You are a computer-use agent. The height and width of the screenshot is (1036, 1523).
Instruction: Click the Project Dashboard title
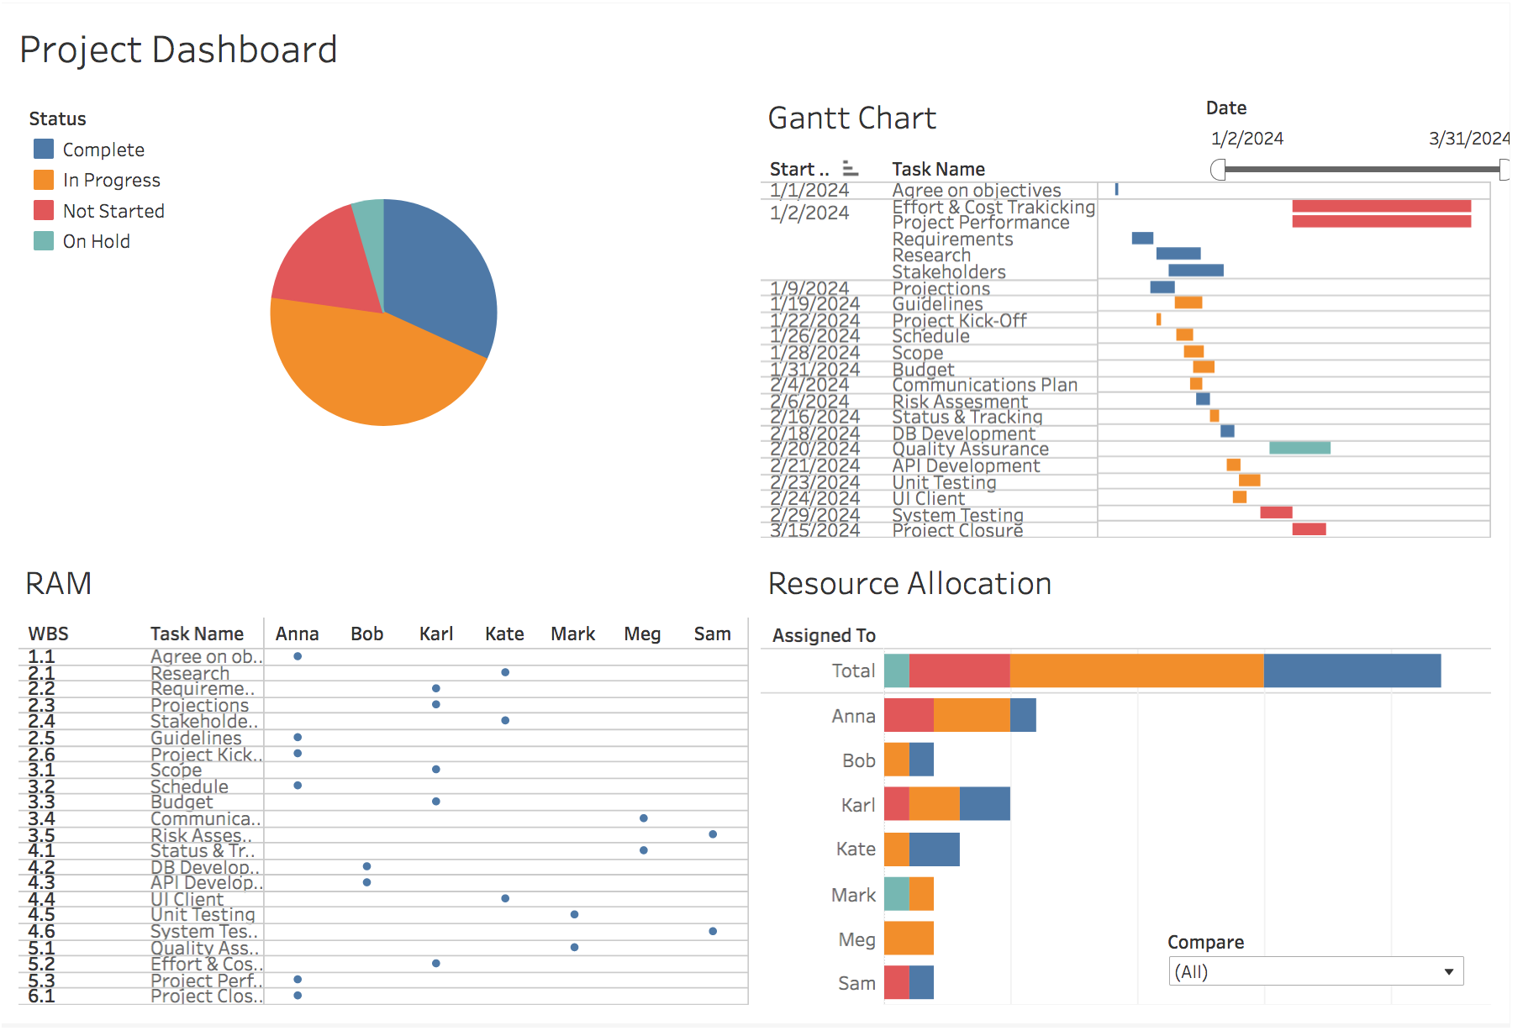[178, 50]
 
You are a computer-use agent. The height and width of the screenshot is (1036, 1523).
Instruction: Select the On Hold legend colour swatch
[44, 241]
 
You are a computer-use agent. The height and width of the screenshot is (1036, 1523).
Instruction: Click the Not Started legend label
[113, 211]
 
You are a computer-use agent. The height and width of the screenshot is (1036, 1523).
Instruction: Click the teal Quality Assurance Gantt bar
[1299, 448]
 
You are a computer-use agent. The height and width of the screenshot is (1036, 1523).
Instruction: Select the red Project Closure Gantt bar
[1309, 529]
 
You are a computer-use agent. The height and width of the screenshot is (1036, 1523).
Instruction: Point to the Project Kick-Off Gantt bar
[1158, 319]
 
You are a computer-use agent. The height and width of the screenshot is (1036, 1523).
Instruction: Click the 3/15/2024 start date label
[814, 530]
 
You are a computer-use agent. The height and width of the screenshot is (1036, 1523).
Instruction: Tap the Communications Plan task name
[984, 385]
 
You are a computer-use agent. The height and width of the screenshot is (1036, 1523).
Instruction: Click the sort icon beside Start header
[850, 168]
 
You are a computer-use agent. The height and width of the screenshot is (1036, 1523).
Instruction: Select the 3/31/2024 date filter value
[1468, 139]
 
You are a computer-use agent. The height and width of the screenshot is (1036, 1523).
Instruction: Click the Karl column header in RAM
[435, 634]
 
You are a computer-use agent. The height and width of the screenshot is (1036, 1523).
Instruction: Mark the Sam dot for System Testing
[713, 931]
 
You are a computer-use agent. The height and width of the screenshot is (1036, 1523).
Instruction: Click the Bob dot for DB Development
[366, 866]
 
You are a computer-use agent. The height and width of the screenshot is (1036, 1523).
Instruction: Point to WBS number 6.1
[41, 996]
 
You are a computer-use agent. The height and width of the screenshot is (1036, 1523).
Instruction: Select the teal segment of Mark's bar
[896, 894]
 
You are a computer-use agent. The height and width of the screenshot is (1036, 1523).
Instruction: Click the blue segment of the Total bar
[1352, 671]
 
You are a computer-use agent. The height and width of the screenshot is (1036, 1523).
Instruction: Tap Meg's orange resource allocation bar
[909, 939]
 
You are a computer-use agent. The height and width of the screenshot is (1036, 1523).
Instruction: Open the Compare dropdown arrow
[1449, 972]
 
